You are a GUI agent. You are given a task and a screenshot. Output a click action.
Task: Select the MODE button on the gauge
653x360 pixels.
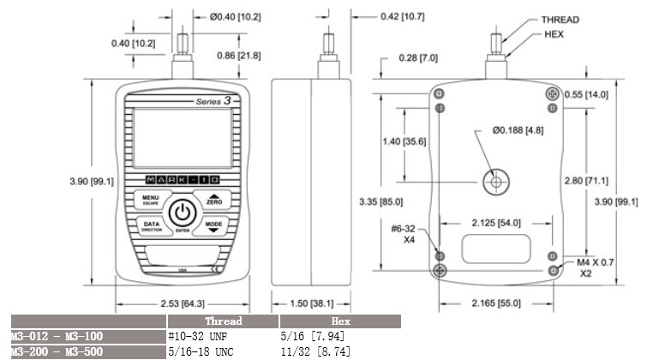tap(214, 226)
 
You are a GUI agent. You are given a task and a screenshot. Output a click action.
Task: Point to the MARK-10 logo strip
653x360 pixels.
tap(180, 179)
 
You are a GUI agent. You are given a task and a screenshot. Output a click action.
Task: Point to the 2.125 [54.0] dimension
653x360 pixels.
tap(495, 222)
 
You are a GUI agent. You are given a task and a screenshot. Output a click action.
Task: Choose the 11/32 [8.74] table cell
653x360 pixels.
tap(317, 351)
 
